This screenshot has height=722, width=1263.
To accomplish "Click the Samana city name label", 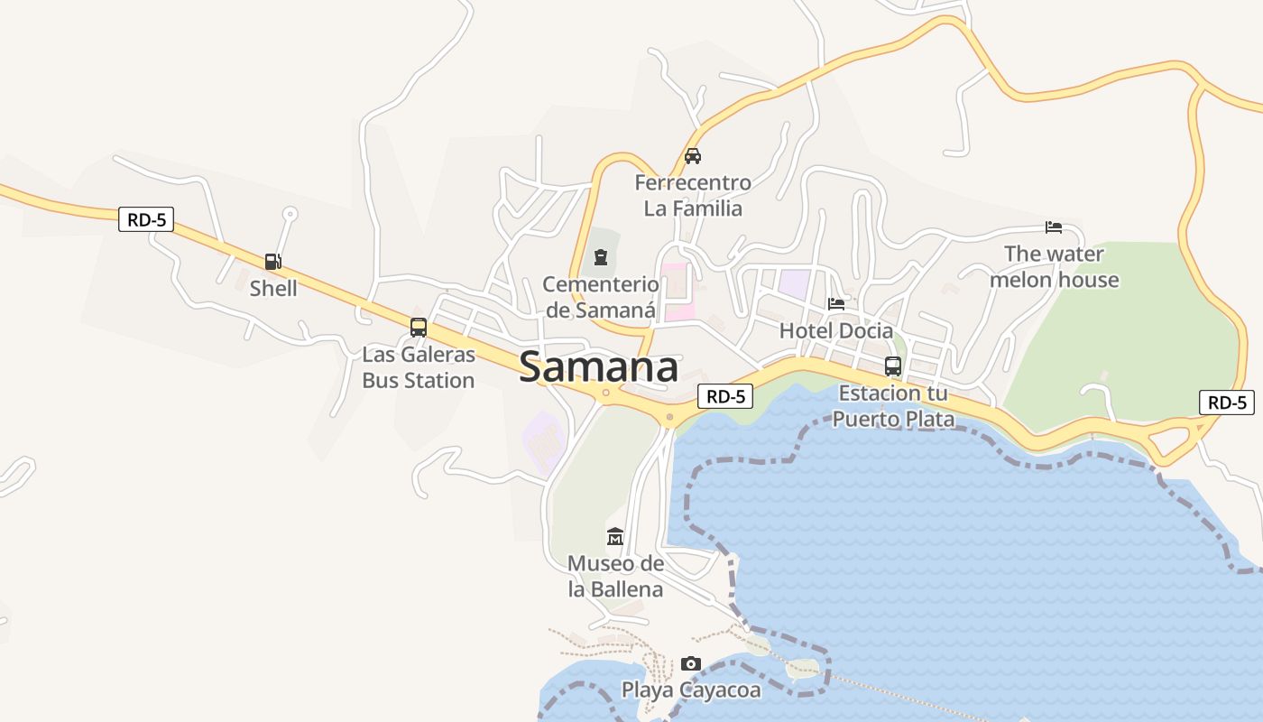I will pyautogui.click(x=599, y=367).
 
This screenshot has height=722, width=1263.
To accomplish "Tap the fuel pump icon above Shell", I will pyautogui.click(x=272, y=262).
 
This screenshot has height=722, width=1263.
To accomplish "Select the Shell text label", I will pyautogui.click(x=273, y=289).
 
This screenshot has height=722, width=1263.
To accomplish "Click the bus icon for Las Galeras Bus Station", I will pyautogui.click(x=419, y=328).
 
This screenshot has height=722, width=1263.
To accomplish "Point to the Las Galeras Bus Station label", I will pyautogui.click(x=419, y=367).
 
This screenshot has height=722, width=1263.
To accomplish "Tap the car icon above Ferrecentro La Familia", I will pyautogui.click(x=693, y=155).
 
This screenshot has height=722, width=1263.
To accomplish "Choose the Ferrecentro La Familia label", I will pyautogui.click(x=693, y=196).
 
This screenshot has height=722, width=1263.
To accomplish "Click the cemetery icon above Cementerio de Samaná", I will pyautogui.click(x=601, y=258).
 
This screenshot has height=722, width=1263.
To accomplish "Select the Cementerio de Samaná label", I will pyautogui.click(x=601, y=298).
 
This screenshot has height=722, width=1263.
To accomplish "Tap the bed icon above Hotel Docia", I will pyautogui.click(x=836, y=304).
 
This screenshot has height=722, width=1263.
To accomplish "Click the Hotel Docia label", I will pyautogui.click(x=836, y=331).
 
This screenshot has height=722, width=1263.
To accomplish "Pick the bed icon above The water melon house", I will pyautogui.click(x=1054, y=227).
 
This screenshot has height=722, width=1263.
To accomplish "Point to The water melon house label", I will pyautogui.click(x=1054, y=267).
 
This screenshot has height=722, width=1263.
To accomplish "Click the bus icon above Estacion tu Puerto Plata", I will pyautogui.click(x=893, y=366).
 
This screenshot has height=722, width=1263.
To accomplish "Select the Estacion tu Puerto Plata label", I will pyautogui.click(x=893, y=406).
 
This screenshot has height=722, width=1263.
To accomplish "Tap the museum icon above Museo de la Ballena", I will pyautogui.click(x=615, y=537).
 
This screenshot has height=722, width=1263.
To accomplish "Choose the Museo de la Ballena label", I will pyautogui.click(x=615, y=577).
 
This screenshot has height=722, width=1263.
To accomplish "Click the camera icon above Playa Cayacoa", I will pyautogui.click(x=691, y=664).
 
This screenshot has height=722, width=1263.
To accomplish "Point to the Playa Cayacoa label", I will pyautogui.click(x=691, y=690).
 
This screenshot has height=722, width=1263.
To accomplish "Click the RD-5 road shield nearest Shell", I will pyautogui.click(x=146, y=219).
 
